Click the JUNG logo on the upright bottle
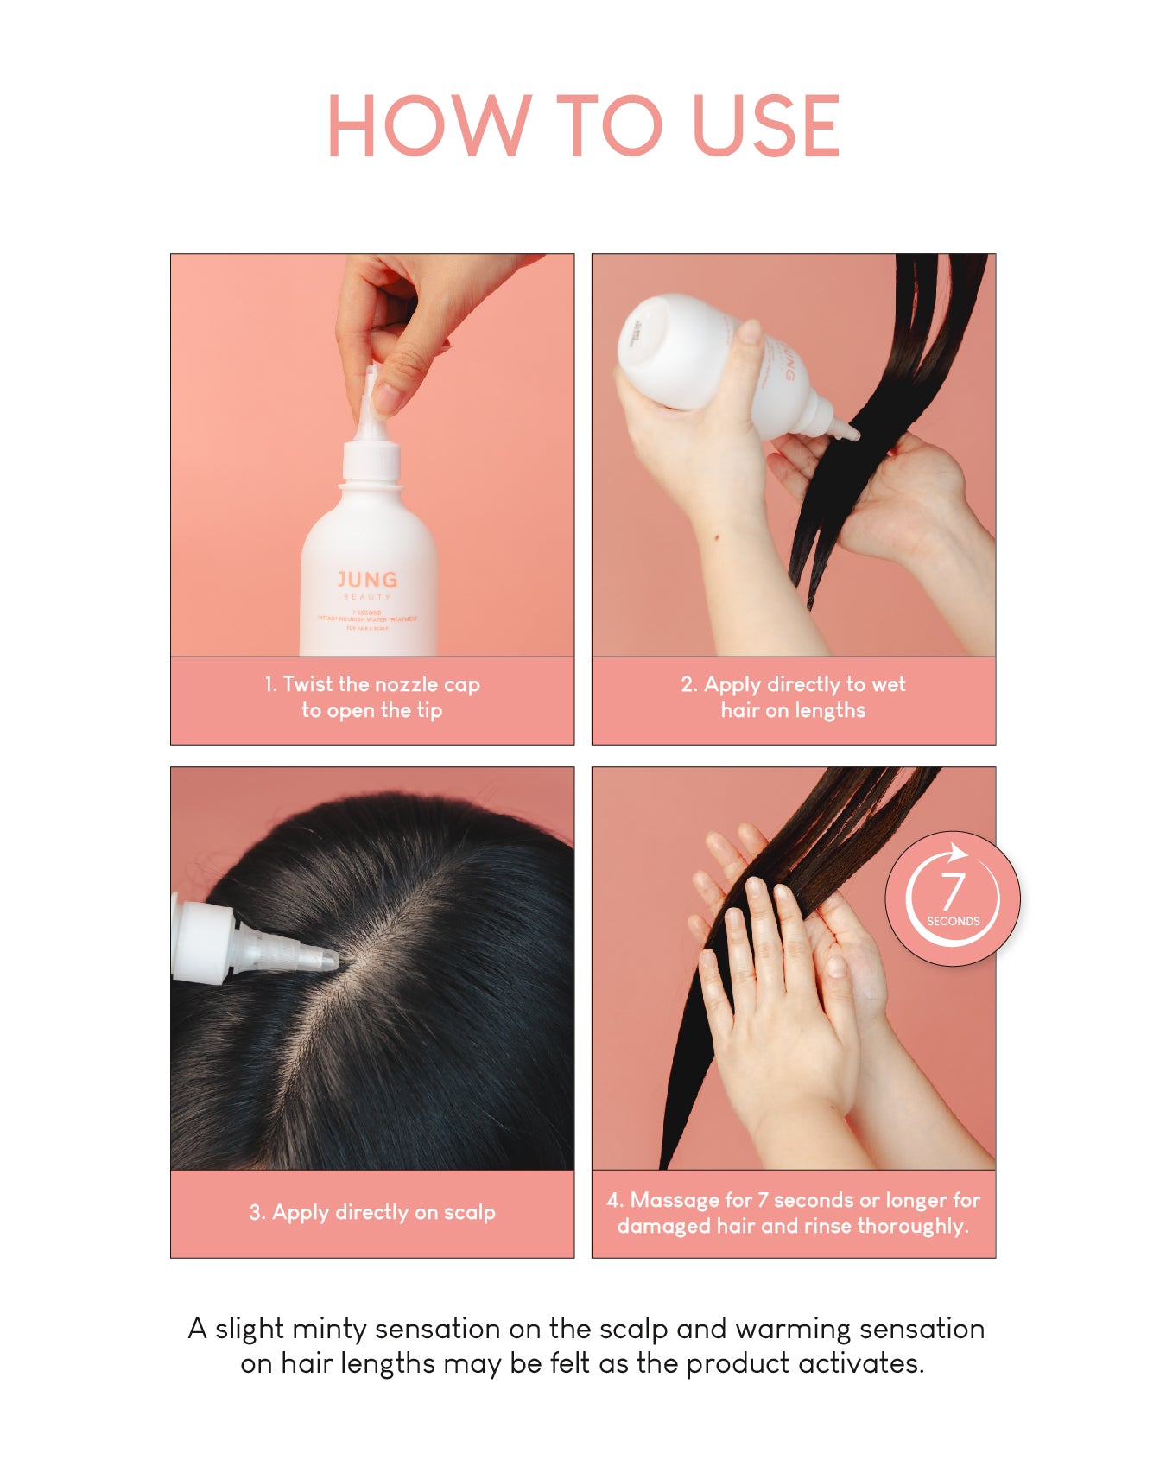[367, 580]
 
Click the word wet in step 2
[889, 684]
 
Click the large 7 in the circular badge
[952, 890]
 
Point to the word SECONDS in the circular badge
[953, 921]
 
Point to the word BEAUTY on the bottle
[367, 597]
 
